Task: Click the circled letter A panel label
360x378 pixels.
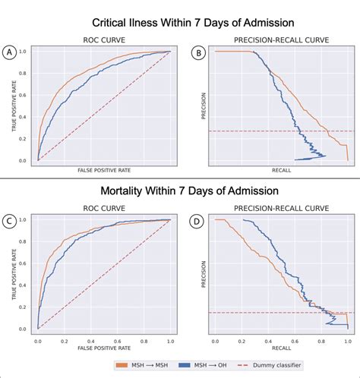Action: pos(9,52)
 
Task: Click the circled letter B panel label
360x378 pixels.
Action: pos(199,53)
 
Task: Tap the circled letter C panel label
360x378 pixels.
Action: pos(9,221)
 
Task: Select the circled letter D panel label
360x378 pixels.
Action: pos(197,221)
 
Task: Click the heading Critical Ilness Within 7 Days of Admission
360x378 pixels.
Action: pos(193,23)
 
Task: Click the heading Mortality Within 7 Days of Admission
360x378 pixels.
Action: pos(189,191)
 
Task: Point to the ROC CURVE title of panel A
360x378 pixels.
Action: pos(104,40)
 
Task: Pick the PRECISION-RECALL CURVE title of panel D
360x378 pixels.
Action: pos(281,208)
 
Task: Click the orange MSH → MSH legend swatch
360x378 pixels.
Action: pos(122,365)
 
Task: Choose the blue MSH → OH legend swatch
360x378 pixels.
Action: pos(185,365)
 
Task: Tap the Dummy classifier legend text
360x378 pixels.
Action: pos(277,365)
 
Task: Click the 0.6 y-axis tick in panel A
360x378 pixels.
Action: pos(23,95)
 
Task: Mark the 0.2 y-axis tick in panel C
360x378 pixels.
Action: pos(23,307)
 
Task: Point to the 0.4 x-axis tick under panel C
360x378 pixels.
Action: pos(91,342)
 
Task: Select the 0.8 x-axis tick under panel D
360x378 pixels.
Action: pos(321,342)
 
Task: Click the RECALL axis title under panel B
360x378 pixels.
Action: pos(281,170)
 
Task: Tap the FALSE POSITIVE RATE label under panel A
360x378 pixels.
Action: pos(104,170)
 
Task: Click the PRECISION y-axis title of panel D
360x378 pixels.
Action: pos(204,274)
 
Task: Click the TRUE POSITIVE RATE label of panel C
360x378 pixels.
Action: pos(14,274)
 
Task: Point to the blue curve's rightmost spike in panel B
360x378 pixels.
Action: pos(325,156)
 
